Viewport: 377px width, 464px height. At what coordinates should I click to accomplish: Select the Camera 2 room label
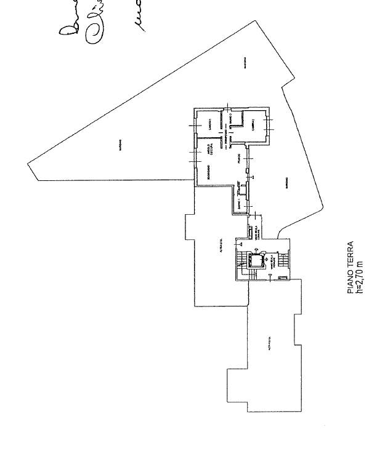pyautogui.click(x=253, y=126)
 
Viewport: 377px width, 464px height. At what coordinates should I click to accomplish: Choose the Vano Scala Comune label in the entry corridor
pyautogui.click(x=254, y=233)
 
